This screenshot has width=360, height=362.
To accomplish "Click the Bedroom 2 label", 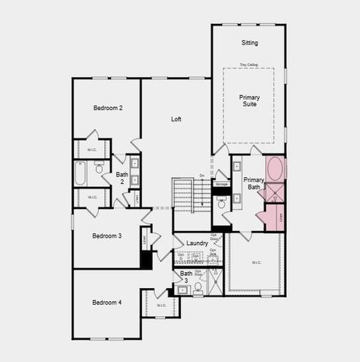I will (x=108, y=109).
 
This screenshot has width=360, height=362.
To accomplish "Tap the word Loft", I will (x=176, y=119).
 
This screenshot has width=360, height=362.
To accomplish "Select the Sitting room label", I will (x=250, y=43).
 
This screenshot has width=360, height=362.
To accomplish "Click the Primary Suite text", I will (x=250, y=100).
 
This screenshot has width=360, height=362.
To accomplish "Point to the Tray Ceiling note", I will (x=249, y=65).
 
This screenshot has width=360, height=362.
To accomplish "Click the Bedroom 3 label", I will (x=106, y=236).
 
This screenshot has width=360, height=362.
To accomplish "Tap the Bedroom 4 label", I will (x=106, y=302).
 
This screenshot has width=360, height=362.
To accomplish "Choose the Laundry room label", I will (x=196, y=243).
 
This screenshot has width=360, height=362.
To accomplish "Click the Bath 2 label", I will (x=122, y=178).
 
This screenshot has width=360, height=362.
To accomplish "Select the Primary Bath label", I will (x=254, y=184).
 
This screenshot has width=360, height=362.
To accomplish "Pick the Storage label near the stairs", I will (x=221, y=184).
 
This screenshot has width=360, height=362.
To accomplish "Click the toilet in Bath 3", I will (x=198, y=287).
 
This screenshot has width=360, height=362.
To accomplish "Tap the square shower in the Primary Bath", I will (x=275, y=192).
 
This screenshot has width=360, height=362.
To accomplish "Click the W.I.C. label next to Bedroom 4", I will (x=162, y=305).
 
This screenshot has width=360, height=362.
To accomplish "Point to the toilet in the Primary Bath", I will (x=222, y=204).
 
